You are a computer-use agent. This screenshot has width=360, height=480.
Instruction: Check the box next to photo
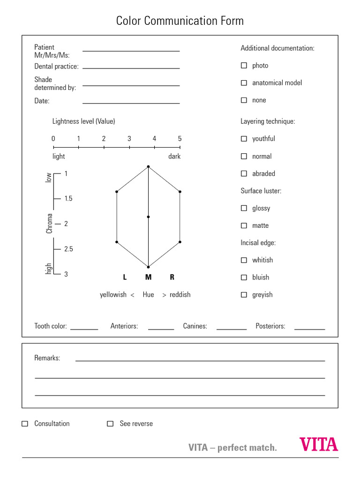tap(244, 66)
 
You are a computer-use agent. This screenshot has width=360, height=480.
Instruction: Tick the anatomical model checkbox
tap(244, 83)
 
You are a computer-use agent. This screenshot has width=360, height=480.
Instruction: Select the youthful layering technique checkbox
tap(244, 139)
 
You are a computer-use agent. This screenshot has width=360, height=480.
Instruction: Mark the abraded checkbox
tap(244, 173)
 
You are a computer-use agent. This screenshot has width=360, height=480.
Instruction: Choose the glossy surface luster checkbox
tap(244, 208)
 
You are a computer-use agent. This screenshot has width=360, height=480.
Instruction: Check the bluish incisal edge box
tap(244, 277)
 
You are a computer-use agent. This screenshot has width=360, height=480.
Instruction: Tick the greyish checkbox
tap(244, 295)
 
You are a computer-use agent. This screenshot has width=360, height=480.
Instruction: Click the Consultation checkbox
tap(25, 424)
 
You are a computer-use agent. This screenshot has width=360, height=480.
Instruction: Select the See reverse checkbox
tap(110, 424)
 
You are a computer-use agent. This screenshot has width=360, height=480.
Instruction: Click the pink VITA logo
tap(319, 444)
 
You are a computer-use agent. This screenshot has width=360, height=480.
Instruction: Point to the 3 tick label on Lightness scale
tap(129, 139)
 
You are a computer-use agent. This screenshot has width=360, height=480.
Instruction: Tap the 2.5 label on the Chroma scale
tap(68, 249)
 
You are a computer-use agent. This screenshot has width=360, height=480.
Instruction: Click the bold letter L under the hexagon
tap(125, 277)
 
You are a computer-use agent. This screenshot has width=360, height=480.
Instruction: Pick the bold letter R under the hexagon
tap(172, 277)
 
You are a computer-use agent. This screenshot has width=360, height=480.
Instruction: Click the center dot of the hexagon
tap(148, 217)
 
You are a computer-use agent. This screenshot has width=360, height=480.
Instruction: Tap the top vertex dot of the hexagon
tap(148, 166)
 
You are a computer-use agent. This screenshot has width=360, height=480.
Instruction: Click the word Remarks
tap(47, 358)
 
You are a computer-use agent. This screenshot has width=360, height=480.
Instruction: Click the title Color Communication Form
tap(180, 21)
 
